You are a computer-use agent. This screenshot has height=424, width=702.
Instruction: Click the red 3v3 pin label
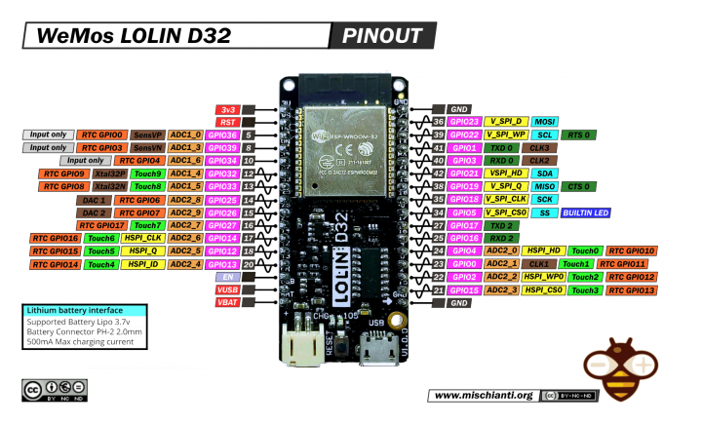pos(227,108)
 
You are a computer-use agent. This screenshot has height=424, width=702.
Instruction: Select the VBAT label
pos(227,302)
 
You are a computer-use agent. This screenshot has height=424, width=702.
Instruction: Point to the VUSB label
pos(227,289)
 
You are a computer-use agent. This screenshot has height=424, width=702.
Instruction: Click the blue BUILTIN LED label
pos(585,212)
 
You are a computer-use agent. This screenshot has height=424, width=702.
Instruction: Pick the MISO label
pos(545,186)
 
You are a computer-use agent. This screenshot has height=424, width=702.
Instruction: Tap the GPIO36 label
pos(222,135)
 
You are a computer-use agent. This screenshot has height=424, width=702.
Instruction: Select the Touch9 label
pos(146,173)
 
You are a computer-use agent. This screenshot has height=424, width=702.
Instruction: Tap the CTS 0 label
pos(580,186)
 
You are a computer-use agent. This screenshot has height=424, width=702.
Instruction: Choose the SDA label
pos(543,173)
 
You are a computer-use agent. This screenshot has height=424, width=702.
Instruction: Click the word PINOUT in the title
pos(382,37)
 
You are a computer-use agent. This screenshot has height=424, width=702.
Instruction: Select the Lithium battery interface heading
pos(75,310)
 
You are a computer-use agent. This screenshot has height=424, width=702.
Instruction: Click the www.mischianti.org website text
pos(483,395)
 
